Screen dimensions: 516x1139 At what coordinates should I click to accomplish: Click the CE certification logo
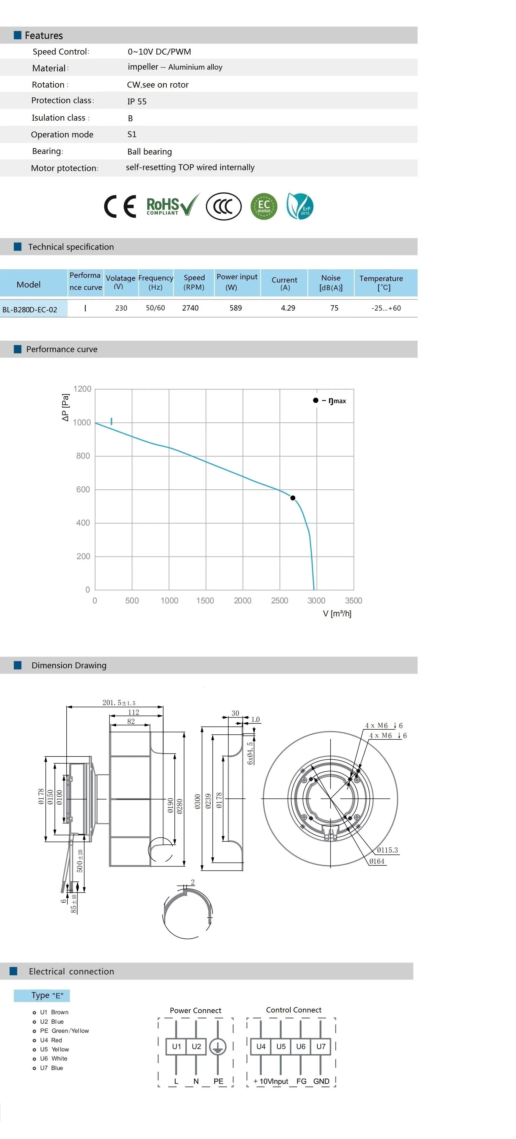(x=120, y=206)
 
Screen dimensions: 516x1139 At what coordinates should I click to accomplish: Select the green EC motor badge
(x=264, y=206)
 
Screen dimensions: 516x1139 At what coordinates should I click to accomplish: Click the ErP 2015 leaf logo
(x=300, y=206)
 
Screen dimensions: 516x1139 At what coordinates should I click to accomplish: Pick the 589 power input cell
(x=235, y=308)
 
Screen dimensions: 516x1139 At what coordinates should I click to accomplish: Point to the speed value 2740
(x=190, y=308)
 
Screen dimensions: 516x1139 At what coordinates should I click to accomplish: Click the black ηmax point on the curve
(x=292, y=498)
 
